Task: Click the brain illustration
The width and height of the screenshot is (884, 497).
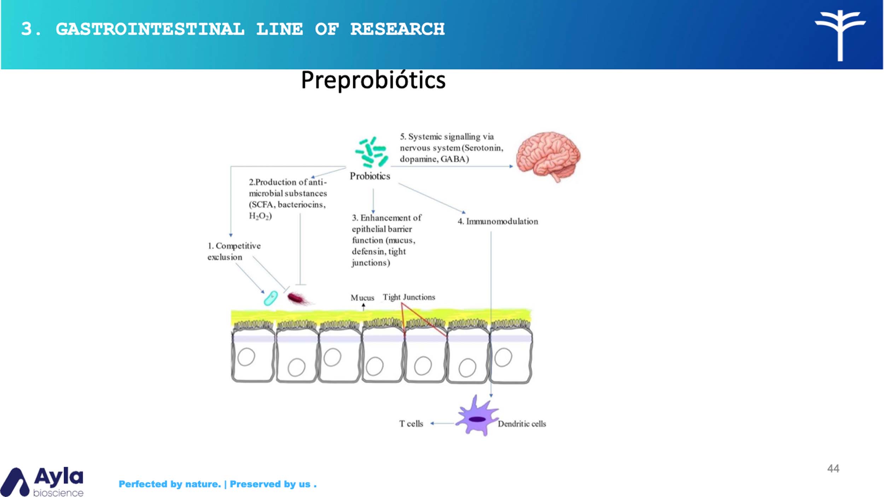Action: pyautogui.click(x=548, y=156)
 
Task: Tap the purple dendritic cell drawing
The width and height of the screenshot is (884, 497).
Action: pyautogui.click(x=477, y=417)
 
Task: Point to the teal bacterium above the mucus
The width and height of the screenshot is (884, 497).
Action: pyautogui.click(x=271, y=298)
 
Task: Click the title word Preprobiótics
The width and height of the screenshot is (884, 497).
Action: pyautogui.click(x=373, y=80)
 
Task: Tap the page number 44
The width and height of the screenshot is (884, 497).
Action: pyautogui.click(x=833, y=469)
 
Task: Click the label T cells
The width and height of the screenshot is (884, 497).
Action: pyautogui.click(x=411, y=423)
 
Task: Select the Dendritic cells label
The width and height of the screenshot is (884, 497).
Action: pyautogui.click(x=522, y=423)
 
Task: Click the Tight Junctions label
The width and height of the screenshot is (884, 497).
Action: pyautogui.click(x=409, y=297)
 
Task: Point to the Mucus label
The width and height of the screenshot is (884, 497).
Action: pyautogui.click(x=362, y=298)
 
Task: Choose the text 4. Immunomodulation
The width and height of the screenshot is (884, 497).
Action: pyautogui.click(x=498, y=221)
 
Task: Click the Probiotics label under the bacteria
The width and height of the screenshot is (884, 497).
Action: pyautogui.click(x=370, y=176)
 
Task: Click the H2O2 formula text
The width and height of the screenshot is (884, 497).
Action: pyautogui.click(x=260, y=216)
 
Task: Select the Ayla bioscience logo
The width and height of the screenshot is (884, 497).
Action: pyautogui.click(x=42, y=481)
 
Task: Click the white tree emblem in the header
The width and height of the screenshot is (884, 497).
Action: pyautogui.click(x=840, y=34)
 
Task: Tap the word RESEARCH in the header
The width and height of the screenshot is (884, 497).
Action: pyautogui.click(x=397, y=29)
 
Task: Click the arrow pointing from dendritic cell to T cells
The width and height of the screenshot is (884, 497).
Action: pyautogui.click(x=442, y=423)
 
